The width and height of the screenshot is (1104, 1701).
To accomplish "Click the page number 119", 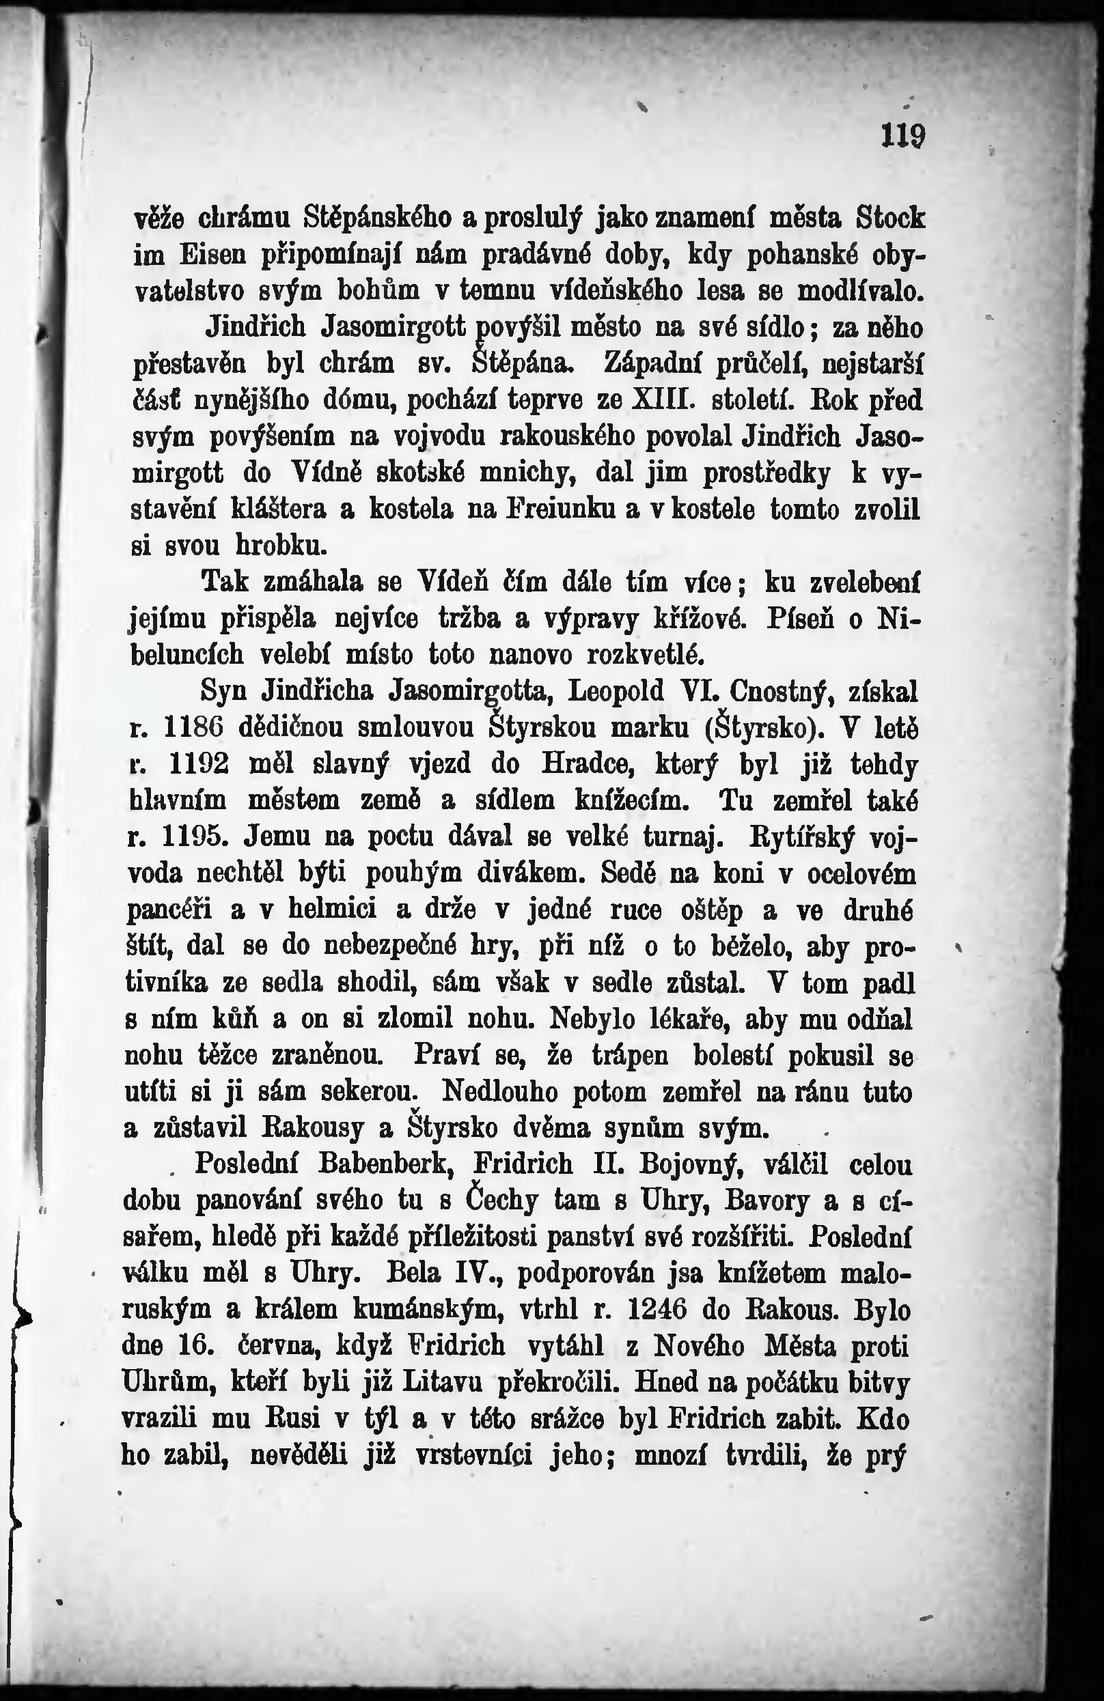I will coord(903,135).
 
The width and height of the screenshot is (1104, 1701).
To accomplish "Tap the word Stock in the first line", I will coord(889,216).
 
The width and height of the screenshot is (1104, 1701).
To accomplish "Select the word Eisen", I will coord(213,254).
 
